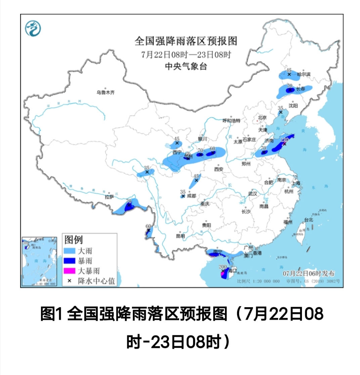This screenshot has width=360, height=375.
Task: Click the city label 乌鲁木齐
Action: pos(105,92)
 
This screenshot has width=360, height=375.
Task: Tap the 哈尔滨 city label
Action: pos(303,75)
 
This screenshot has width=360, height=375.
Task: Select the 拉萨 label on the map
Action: pos(109,197)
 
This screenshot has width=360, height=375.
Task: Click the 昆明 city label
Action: pos(180,236)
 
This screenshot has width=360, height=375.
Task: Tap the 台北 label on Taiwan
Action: pos(308,220)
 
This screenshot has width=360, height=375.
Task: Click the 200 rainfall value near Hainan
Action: pos(222,267)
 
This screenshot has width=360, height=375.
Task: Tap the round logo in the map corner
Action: pos(33,28)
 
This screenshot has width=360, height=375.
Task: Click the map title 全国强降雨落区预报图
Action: pos(186,41)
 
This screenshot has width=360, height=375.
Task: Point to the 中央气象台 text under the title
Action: pos(186,66)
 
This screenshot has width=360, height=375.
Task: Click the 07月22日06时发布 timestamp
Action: pos(308,273)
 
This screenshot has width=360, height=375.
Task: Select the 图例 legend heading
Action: pos(74,240)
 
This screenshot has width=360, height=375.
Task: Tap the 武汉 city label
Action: pos(252,194)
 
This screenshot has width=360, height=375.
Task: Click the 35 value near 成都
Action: pos(183,191)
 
